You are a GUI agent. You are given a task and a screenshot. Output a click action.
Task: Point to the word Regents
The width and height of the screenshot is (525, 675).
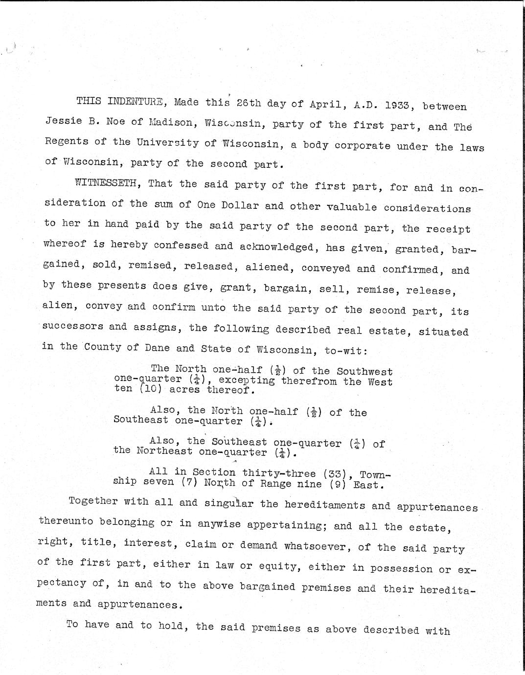[66, 141]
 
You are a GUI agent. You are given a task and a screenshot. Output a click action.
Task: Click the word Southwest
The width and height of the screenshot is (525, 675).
[365, 372]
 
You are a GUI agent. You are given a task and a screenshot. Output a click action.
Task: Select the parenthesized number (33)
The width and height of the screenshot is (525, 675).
[337, 473]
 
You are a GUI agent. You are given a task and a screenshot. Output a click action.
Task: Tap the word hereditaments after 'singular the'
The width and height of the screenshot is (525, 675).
[324, 505]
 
